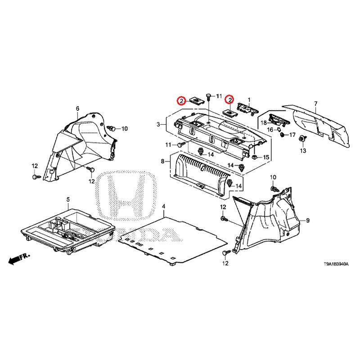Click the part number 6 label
pyautogui.click(x=77, y=108)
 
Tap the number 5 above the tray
pyautogui.click(x=68, y=199)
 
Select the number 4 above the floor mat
pyautogui.click(x=163, y=207)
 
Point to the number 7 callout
pyautogui.click(x=316, y=103)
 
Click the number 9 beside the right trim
pyautogui.click(x=308, y=220)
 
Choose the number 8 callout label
pyautogui.click(x=163, y=162)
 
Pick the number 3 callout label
pyautogui.click(x=158, y=125)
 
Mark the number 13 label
pyautogui.click(x=303, y=151)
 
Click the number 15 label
pyautogui.click(x=266, y=157)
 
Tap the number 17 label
pyautogui.click(x=292, y=135)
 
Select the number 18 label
pyautogui.click(x=264, y=123)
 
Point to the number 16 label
pyautogui.click(x=270, y=130)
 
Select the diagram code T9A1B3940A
pyautogui.click(x=336, y=264)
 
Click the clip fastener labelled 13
pyautogui.click(x=302, y=139)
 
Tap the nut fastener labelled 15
pyautogui.click(x=254, y=157)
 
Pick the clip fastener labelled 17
pyautogui.click(x=283, y=135)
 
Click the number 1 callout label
pyautogui.click(x=249, y=100)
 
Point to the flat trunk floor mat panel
pyautogui.click(x=173, y=240)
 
